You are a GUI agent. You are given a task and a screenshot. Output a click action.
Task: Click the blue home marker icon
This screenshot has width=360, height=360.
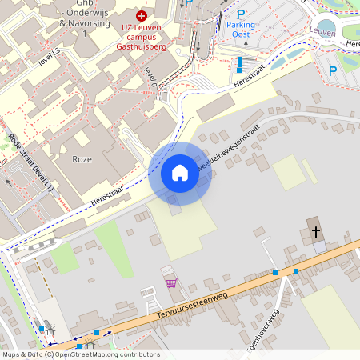pyautogui.click(x=179, y=173)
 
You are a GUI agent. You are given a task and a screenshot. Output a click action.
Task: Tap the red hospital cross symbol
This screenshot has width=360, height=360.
pyautogui.click(x=142, y=15)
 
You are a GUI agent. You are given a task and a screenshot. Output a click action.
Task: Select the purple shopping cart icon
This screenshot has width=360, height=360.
pyautogui.click(x=170, y=282)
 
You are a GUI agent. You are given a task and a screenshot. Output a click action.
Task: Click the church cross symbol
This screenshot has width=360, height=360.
pyautogui.click(x=316, y=232)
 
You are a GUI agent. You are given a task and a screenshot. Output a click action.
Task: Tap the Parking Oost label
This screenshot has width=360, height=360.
pyautogui.click(x=240, y=30)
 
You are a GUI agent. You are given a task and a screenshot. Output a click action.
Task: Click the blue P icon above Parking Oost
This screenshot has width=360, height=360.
pyautogui.click(x=240, y=14)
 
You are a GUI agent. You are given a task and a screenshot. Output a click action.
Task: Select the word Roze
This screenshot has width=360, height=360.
pyautogui.click(x=82, y=159)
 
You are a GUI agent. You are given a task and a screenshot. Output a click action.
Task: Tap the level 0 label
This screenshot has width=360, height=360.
pyautogui.click(x=150, y=77)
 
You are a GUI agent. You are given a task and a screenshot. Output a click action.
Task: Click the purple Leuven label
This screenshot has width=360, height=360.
pyautogui.click(x=322, y=31)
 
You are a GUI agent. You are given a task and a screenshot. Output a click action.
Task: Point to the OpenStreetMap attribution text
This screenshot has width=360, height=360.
pyautogui.click(x=80, y=354)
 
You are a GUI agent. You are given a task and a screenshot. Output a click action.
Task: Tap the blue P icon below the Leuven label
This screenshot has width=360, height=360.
pyautogui.click(x=333, y=70)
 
